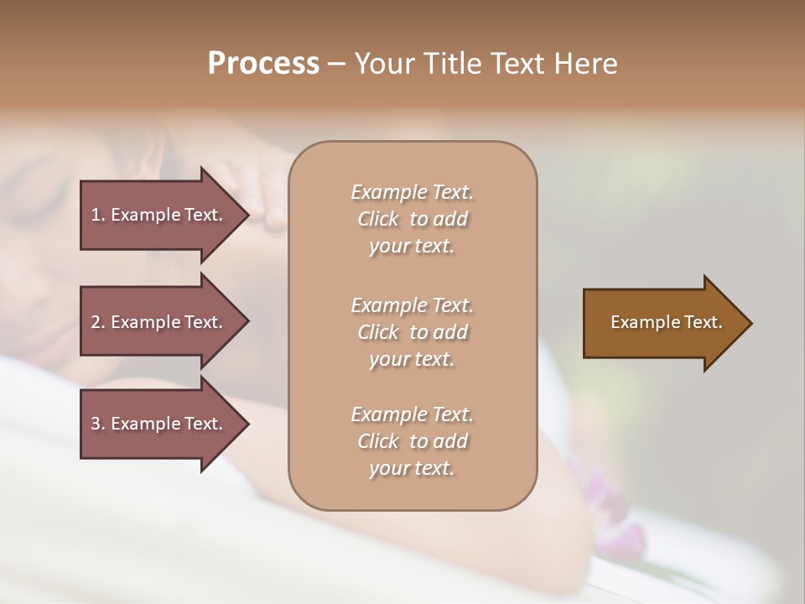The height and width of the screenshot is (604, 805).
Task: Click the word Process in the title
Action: (263, 64)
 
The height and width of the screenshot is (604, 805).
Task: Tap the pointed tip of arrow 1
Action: (247, 215)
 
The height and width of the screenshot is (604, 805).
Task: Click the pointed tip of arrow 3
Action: (247, 424)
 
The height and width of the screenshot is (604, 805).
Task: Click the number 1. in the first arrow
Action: (98, 215)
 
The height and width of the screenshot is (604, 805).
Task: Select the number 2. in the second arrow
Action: (98, 322)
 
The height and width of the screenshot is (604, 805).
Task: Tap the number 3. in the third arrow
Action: (98, 424)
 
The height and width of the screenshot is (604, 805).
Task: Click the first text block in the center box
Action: (412, 219)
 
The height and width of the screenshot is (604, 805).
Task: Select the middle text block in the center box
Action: (412, 331)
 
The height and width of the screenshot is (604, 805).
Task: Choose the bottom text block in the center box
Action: (412, 441)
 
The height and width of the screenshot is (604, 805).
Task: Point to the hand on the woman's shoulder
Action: (259, 193)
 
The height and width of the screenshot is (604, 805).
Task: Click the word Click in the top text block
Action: (378, 219)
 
